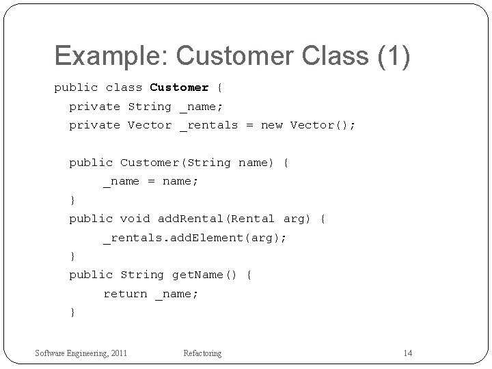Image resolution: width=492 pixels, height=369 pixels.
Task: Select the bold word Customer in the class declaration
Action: pyautogui.click(x=179, y=87)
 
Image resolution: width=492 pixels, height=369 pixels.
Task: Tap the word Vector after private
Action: pyautogui.click(x=150, y=125)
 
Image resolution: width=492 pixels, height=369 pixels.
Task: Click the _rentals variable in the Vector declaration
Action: pyautogui.click(x=209, y=125)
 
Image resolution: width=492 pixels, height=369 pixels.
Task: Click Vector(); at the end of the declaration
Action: pyautogui.click(x=323, y=125)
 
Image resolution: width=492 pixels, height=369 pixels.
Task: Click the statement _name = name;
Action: pyautogui.click(x=150, y=181)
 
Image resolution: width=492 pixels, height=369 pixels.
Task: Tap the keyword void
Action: pyautogui.click(x=135, y=219)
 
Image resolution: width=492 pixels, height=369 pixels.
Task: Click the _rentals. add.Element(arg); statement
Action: pyautogui.click(x=195, y=238)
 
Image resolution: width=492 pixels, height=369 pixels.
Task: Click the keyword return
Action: pyautogui.click(x=125, y=294)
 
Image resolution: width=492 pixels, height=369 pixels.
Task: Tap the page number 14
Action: pyautogui.click(x=408, y=353)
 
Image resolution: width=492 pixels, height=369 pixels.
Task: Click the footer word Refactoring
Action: pyautogui.click(x=202, y=353)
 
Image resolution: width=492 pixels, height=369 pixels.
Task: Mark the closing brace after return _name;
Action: pyautogui.click(x=72, y=312)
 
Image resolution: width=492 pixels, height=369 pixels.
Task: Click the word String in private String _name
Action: pyautogui.click(x=150, y=107)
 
